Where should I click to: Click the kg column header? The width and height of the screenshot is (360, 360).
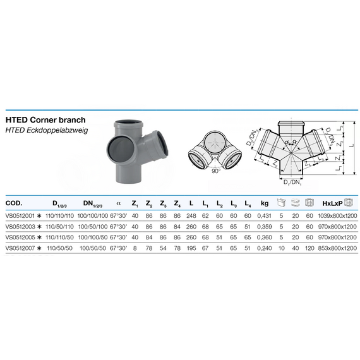point(265,203)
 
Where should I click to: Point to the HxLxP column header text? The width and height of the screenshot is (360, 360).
point(329,203)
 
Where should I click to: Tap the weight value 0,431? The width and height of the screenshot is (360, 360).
point(265,217)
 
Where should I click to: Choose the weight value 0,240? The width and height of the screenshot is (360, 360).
point(265,249)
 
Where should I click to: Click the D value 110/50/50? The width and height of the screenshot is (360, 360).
point(63,249)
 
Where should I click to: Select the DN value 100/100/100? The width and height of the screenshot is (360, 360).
point(94,217)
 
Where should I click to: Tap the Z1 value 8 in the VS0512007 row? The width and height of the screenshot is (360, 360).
point(135,249)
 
